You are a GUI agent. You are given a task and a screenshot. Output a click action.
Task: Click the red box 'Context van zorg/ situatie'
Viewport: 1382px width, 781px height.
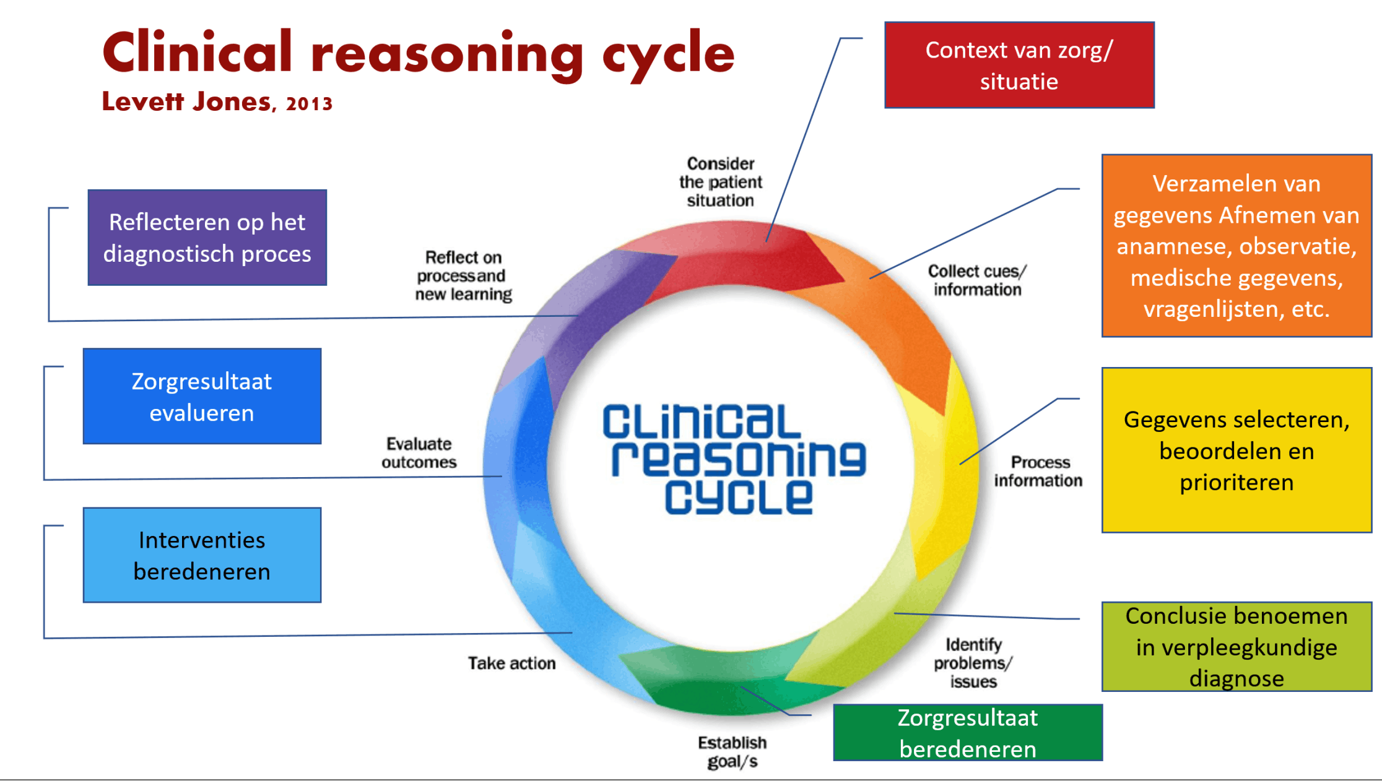(x=1019, y=66)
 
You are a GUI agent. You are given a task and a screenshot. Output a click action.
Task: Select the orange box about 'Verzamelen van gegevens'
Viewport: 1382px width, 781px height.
(x=1236, y=246)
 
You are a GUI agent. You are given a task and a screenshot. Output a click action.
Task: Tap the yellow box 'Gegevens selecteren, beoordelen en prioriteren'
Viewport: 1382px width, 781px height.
(x=1236, y=451)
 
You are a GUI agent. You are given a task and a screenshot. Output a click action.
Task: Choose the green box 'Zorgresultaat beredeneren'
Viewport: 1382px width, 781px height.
(x=968, y=733)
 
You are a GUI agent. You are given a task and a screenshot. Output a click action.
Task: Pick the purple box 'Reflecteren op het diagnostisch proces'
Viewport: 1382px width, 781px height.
(x=207, y=238)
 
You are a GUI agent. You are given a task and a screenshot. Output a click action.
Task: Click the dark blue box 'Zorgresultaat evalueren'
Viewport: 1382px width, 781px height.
(x=202, y=396)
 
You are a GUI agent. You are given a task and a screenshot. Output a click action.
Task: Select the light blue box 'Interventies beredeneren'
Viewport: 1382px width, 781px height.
(x=202, y=555)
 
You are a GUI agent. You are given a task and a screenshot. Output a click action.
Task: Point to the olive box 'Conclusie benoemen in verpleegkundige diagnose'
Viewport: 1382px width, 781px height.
(x=1236, y=647)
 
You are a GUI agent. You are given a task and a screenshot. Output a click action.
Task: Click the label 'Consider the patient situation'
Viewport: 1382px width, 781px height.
(x=720, y=182)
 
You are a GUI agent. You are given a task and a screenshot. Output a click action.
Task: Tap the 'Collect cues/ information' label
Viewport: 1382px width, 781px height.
(x=977, y=280)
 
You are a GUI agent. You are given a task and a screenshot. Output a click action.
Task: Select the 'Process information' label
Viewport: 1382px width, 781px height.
(x=1038, y=472)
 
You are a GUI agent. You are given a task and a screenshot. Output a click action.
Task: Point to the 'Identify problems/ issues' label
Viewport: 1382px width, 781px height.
(x=973, y=663)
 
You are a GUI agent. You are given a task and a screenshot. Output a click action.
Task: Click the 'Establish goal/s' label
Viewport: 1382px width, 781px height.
(x=732, y=752)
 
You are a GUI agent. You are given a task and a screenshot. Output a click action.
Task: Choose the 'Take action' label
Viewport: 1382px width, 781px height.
(x=511, y=663)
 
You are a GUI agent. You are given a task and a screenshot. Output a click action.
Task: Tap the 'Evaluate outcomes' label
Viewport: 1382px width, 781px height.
(x=419, y=453)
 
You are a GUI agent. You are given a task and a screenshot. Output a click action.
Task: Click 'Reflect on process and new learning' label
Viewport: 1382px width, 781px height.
(x=463, y=276)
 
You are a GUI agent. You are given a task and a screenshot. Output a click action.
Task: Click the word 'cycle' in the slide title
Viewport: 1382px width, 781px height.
(x=669, y=54)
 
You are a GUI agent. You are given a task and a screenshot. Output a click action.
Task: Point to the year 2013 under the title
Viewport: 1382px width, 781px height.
(x=309, y=103)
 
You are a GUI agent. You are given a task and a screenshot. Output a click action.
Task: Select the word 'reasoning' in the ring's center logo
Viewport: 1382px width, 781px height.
(x=739, y=459)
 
